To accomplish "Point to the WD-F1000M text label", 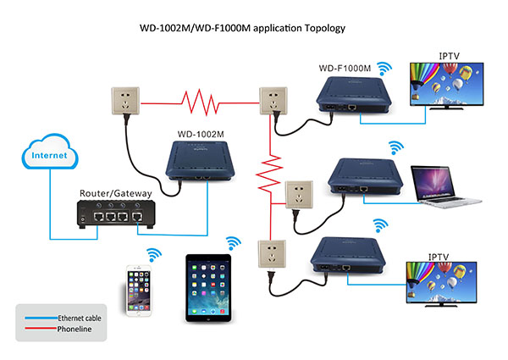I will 345,68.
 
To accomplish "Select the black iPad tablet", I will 207,287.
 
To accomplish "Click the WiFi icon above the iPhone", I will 154,253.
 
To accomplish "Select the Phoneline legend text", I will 76,331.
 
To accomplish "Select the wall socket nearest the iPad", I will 268,255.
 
